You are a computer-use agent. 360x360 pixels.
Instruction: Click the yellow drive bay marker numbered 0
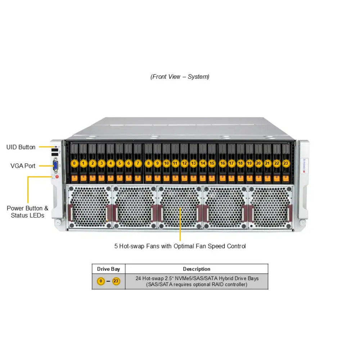74,163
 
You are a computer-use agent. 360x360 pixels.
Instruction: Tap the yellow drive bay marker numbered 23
286,163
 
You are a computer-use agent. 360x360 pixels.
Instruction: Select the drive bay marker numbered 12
184,163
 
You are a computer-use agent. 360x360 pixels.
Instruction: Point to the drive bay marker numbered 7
138,163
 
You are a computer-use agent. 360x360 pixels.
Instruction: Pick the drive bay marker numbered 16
222,163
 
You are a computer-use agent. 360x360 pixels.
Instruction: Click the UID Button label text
21,147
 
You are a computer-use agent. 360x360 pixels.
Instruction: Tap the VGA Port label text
23,166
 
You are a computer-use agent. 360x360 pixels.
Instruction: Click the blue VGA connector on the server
56,166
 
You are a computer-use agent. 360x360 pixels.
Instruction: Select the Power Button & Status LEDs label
27,212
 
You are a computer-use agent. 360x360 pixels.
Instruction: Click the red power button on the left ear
57,177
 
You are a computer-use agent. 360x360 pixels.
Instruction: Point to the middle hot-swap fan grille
180,207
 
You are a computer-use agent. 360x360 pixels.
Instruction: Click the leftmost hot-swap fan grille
89,207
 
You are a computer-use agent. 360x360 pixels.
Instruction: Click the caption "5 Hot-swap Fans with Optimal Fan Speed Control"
180,246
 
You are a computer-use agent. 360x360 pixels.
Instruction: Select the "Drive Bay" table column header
108,269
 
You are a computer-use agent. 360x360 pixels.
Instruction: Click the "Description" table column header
197,269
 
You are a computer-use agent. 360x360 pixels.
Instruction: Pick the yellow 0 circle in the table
101,281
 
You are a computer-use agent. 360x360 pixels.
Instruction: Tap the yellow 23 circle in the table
116,281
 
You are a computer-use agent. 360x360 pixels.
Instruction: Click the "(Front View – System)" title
180,77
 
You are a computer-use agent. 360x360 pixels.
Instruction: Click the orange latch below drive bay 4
111,177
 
